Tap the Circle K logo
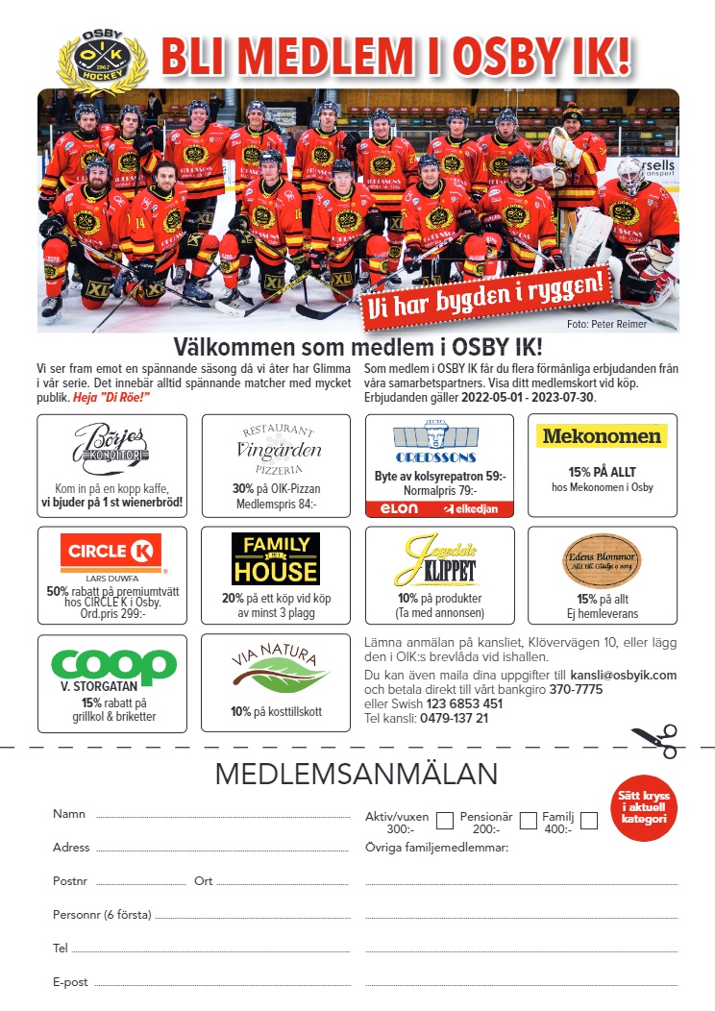(x=111, y=552)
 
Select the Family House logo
(x=275, y=558)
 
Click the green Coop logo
(x=113, y=664)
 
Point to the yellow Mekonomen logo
(x=602, y=436)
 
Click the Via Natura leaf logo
(x=275, y=670)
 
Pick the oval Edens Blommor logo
(x=602, y=560)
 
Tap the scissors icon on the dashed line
(x=654, y=742)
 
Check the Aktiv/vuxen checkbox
(x=445, y=821)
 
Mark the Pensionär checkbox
(x=529, y=821)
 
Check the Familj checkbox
(x=589, y=821)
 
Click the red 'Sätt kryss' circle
(x=644, y=807)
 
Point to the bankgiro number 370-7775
(x=576, y=689)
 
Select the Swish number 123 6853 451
(x=464, y=703)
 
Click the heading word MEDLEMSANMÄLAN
(x=357, y=775)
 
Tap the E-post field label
(x=70, y=982)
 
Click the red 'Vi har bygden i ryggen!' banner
(x=488, y=292)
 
